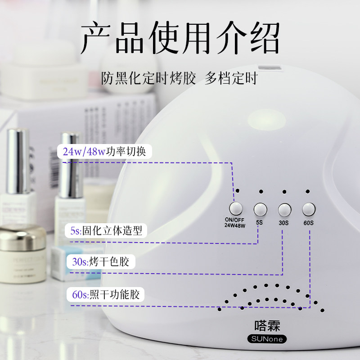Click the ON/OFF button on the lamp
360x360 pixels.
(x=235, y=208)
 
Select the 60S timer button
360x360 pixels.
(x=309, y=209)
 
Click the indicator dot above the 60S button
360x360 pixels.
(x=308, y=191)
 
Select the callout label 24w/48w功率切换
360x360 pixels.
(x=104, y=151)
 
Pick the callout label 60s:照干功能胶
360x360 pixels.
(x=106, y=295)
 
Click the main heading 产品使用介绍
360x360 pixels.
(x=180, y=38)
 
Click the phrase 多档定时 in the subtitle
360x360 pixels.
(x=231, y=78)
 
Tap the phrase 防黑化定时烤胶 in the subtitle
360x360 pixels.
(x=148, y=78)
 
